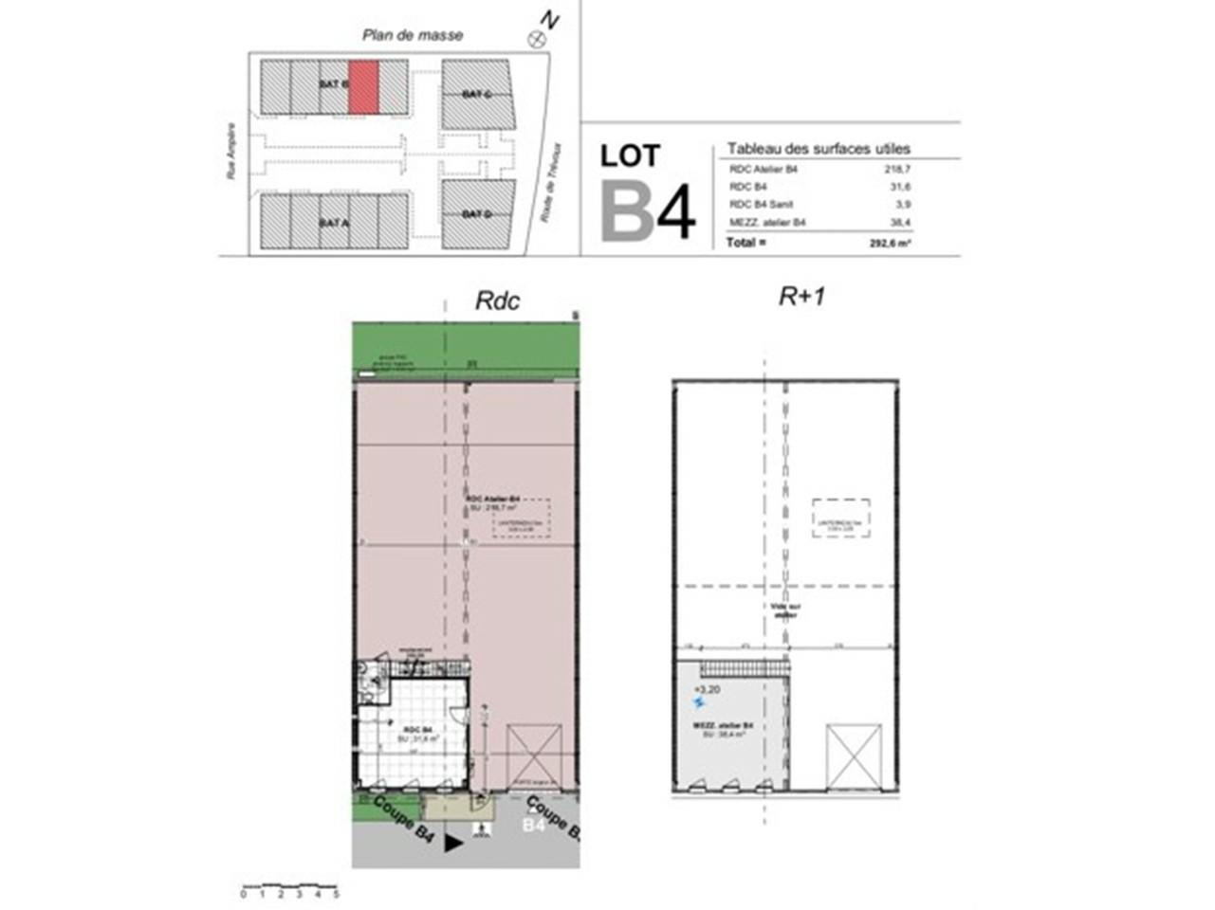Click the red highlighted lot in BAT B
coord(364,87)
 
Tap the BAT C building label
coord(476,94)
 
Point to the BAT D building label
coord(476,214)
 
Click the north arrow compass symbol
coord(538,39)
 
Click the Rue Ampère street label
coord(230,155)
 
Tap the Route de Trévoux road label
coord(551,183)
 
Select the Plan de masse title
coord(413,35)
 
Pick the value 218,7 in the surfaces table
coord(896,169)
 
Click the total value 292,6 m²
coord(890,243)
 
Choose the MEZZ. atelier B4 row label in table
coord(767,223)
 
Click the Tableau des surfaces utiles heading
coord(819,149)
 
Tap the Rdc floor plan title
coord(497,300)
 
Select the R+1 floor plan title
coord(802,297)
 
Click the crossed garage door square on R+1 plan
coord(854,755)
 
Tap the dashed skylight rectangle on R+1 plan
coord(841,519)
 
